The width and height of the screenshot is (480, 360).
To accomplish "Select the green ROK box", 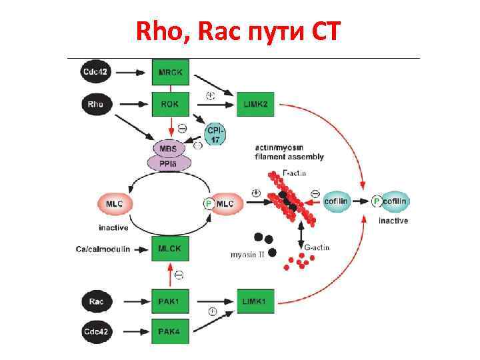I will [x=170, y=104].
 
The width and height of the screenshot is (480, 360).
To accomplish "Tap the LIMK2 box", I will [x=255, y=104].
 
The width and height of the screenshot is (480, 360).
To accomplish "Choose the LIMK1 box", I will [x=255, y=302].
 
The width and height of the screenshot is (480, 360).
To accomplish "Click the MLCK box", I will [x=170, y=249].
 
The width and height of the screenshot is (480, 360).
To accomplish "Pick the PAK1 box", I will [x=170, y=302].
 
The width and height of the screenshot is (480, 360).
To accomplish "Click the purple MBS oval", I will [x=171, y=147].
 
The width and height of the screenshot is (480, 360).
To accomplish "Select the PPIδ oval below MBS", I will [x=171, y=163].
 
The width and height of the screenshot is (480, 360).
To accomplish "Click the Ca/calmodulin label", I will [x=102, y=249].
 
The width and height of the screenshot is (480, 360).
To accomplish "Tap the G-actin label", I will [x=317, y=248].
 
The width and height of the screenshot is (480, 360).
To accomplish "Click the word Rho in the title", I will [x=156, y=31].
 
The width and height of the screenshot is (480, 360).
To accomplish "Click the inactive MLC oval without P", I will [x=115, y=203].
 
